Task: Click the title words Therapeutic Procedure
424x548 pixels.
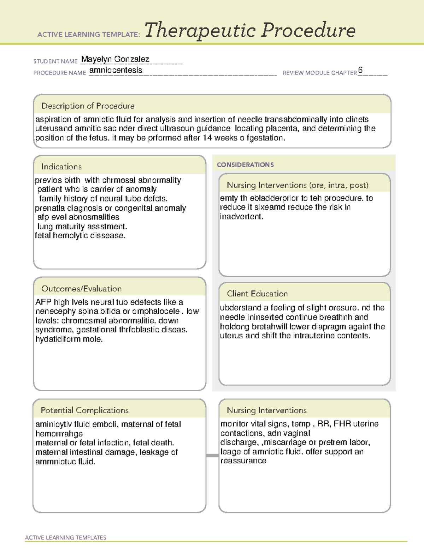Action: pos(250,30)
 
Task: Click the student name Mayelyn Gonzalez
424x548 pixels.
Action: pos(115,59)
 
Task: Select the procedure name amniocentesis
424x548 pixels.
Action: pos(116,70)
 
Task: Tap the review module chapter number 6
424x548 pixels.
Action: pos(360,70)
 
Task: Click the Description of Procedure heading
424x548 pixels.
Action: pos(88,106)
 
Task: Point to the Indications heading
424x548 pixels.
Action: pos(61,167)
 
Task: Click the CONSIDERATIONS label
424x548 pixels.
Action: pos(245,165)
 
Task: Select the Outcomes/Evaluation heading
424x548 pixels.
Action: pos(81,289)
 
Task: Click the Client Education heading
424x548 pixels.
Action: pos(257,294)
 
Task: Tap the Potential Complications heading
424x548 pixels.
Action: pos(84,410)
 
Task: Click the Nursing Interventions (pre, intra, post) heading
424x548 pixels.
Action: pos(297,185)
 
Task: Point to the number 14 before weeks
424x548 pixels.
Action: pos(207,138)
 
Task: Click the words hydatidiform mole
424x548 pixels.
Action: pos(69,339)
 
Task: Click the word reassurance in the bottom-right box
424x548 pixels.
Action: pos(243,461)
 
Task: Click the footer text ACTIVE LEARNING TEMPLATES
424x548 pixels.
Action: pos(65,537)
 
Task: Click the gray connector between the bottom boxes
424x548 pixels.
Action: pos(212,456)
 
